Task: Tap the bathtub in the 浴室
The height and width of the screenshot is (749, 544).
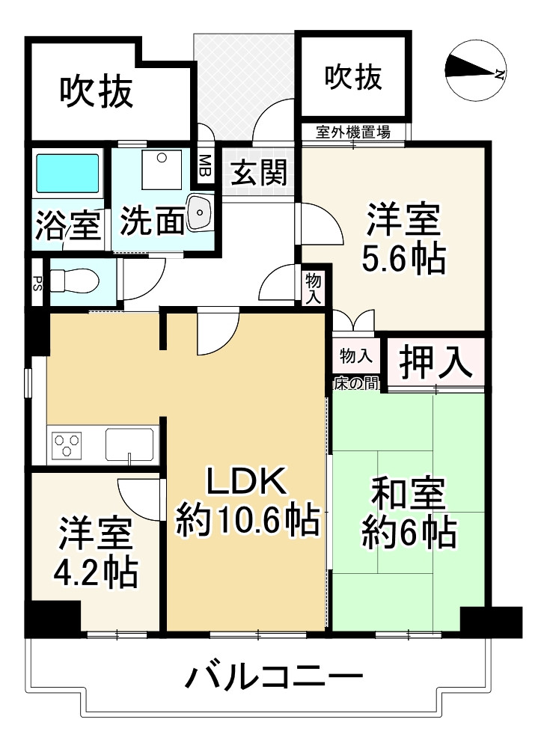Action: [x=67, y=174]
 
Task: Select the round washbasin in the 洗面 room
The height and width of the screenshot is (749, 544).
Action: [x=201, y=213]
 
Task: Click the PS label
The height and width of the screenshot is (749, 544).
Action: [x=37, y=282]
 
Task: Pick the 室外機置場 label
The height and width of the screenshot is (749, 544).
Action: [x=352, y=133]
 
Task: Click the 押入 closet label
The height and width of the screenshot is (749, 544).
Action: [x=435, y=363]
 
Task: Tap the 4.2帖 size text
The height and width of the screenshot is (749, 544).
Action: [x=95, y=572]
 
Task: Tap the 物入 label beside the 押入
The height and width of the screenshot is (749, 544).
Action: [x=355, y=354]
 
